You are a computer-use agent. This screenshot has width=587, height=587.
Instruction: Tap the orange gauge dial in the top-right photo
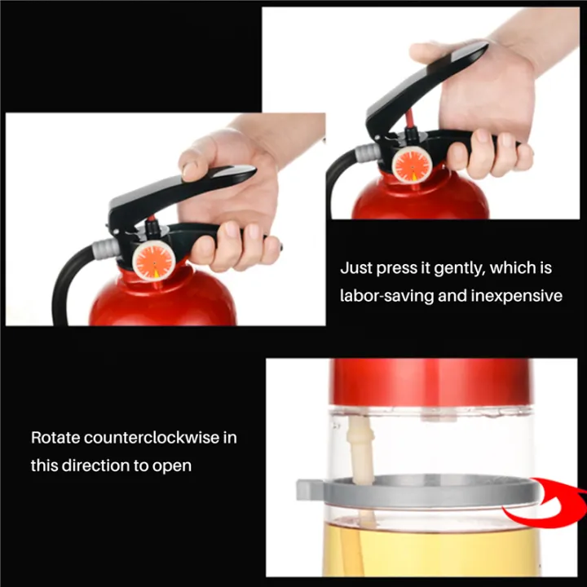click(x=412, y=164)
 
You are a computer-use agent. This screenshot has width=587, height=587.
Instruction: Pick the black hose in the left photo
click(x=65, y=285)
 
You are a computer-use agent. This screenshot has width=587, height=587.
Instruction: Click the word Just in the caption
click(x=355, y=267)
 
